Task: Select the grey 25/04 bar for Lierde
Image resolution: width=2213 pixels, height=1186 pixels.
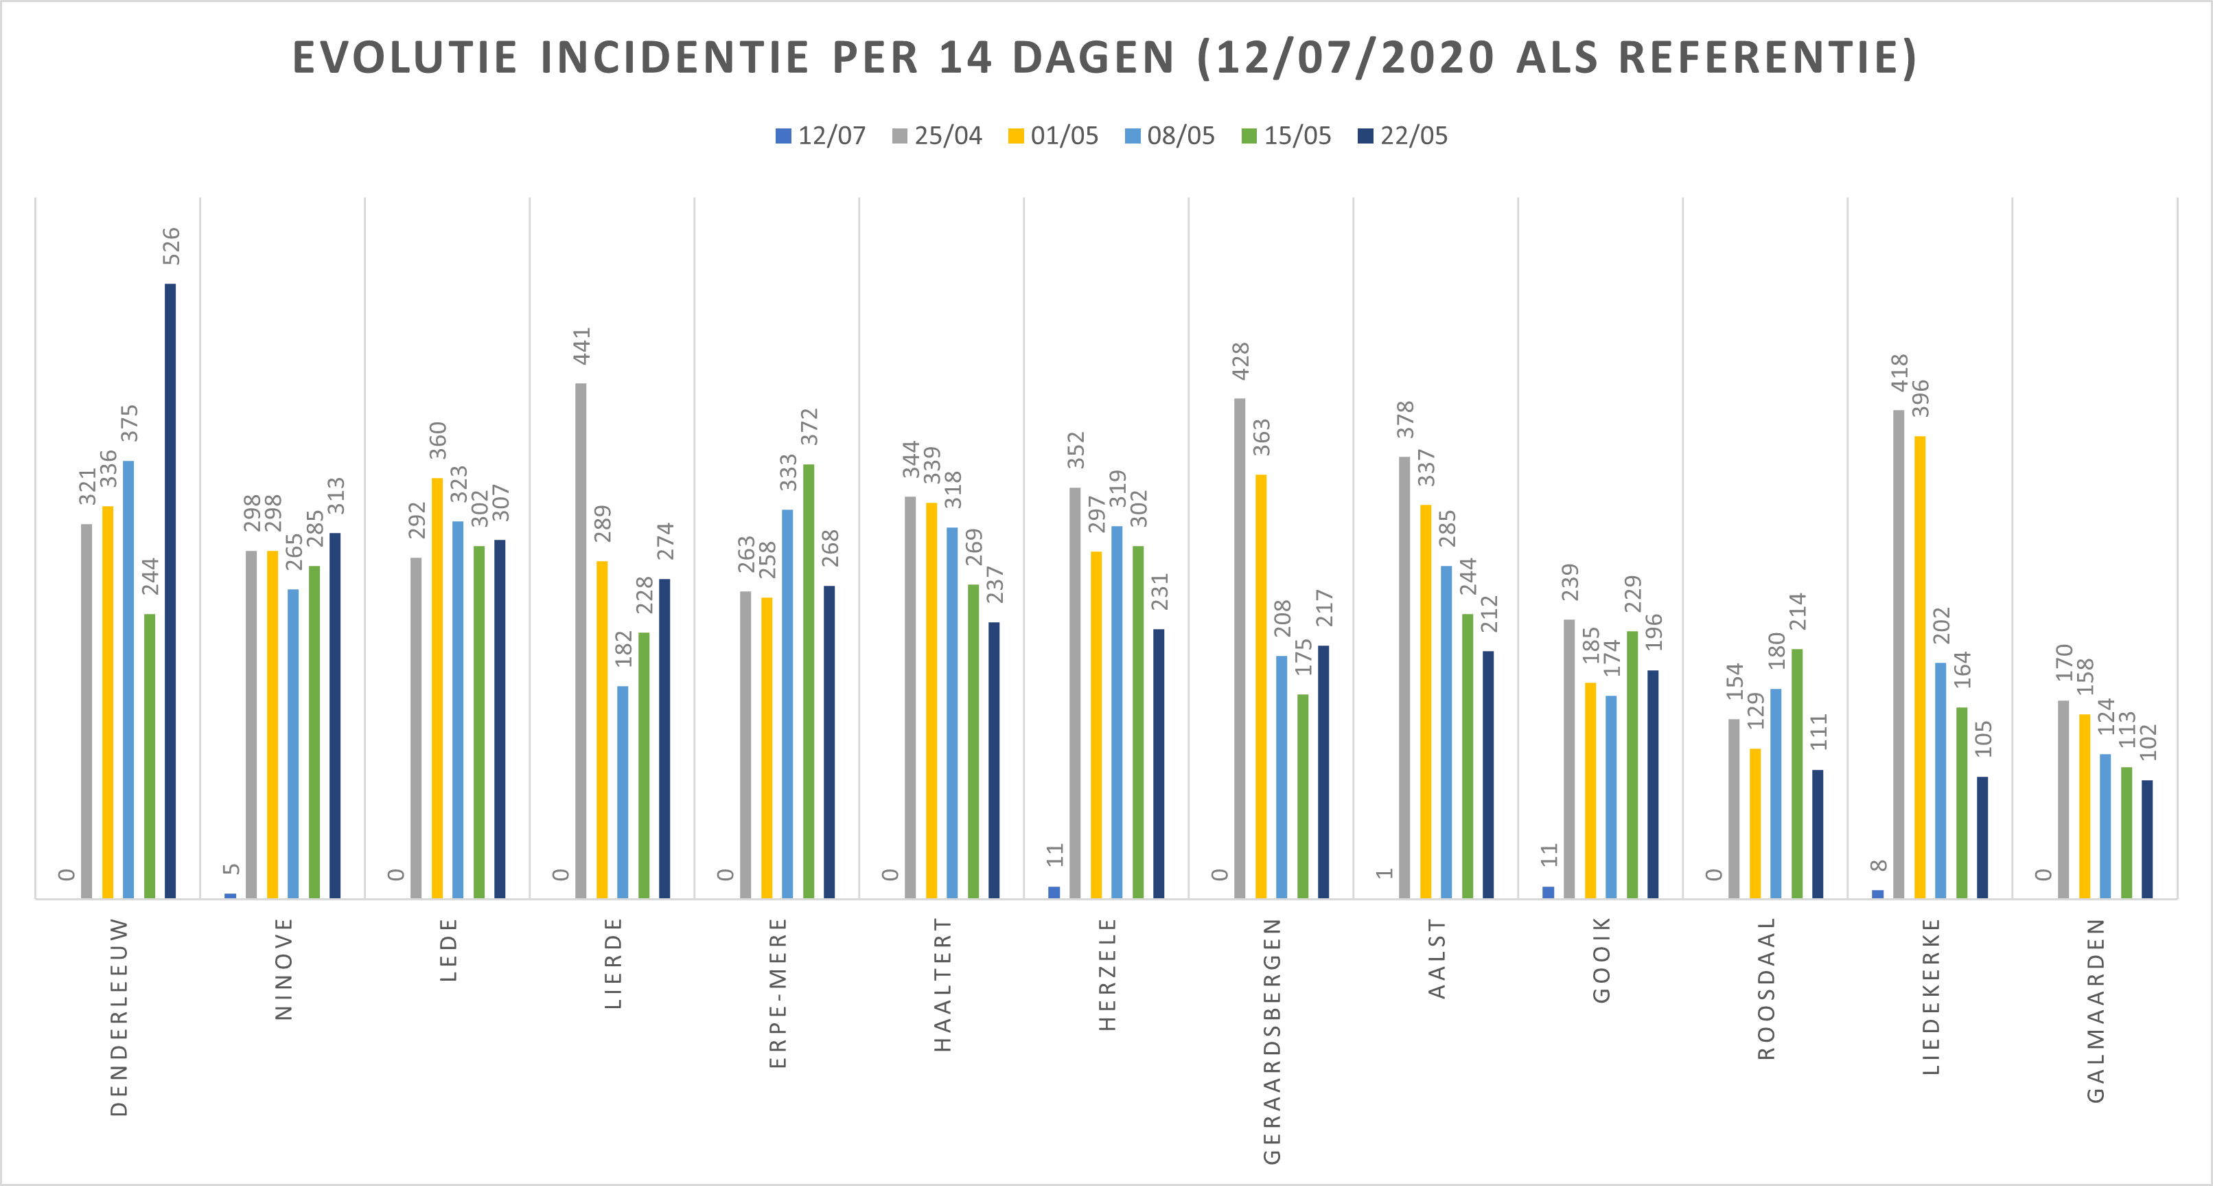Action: pos(581,640)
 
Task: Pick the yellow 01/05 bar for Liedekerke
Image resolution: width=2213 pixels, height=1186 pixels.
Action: pos(1919,667)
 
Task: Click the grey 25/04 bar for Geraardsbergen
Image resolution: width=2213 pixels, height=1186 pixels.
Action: pos(1240,648)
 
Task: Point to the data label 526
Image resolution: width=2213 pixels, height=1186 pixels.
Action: pos(172,246)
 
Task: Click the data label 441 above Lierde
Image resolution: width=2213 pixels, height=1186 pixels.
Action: pos(583,345)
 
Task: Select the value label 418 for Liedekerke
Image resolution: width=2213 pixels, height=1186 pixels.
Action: pos(1899,372)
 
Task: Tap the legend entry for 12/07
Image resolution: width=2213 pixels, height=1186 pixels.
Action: pos(820,136)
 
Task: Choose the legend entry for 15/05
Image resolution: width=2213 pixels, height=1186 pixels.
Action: pos(1286,136)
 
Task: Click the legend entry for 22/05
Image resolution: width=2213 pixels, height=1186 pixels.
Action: pos(1403,136)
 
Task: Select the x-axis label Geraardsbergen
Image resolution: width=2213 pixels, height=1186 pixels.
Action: pos(1273,1041)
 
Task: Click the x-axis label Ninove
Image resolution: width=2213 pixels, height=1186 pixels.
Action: pos(284,968)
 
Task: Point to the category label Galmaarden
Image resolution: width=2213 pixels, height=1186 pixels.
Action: pos(2096,1010)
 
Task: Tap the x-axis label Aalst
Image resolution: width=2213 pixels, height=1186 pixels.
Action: pos(1437,958)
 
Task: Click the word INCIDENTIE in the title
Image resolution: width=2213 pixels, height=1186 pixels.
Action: pos(675,58)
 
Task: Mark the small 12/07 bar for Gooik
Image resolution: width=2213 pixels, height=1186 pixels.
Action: pos(1548,892)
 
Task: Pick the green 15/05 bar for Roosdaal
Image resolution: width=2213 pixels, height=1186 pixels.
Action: pos(1796,773)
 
